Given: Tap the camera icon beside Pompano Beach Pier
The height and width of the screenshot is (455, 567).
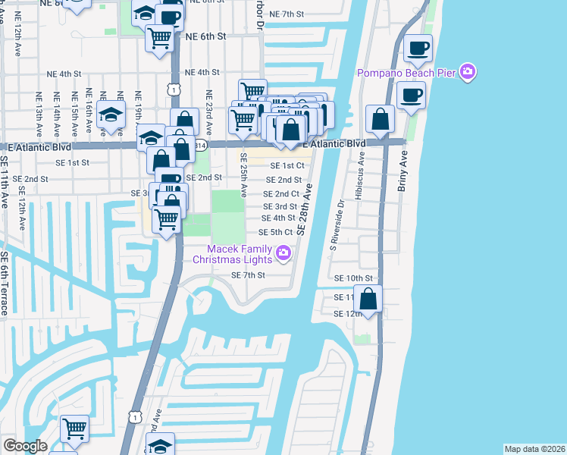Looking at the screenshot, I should pyautogui.click(x=469, y=71).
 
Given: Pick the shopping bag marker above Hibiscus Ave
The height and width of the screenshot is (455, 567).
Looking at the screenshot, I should pyautogui.click(x=380, y=120).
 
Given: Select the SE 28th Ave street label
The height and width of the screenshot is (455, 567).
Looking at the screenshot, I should pyautogui.click(x=305, y=208).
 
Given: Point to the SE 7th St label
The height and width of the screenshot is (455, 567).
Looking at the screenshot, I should pyautogui.click(x=247, y=275).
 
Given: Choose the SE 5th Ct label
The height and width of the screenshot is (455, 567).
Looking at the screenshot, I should pyautogui.click(x=275, y=232).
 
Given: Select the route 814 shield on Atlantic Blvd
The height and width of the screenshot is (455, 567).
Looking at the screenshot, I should pyautogui.click(x=199, y=143).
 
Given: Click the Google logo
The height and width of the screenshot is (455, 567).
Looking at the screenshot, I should pyautogui.click(x=25, y=446).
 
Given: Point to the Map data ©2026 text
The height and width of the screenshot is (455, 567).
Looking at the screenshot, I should pyautogui.click(x=534, y=449).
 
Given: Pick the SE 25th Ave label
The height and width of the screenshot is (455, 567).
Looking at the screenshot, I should pyautogui.click(x=243, y=175).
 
